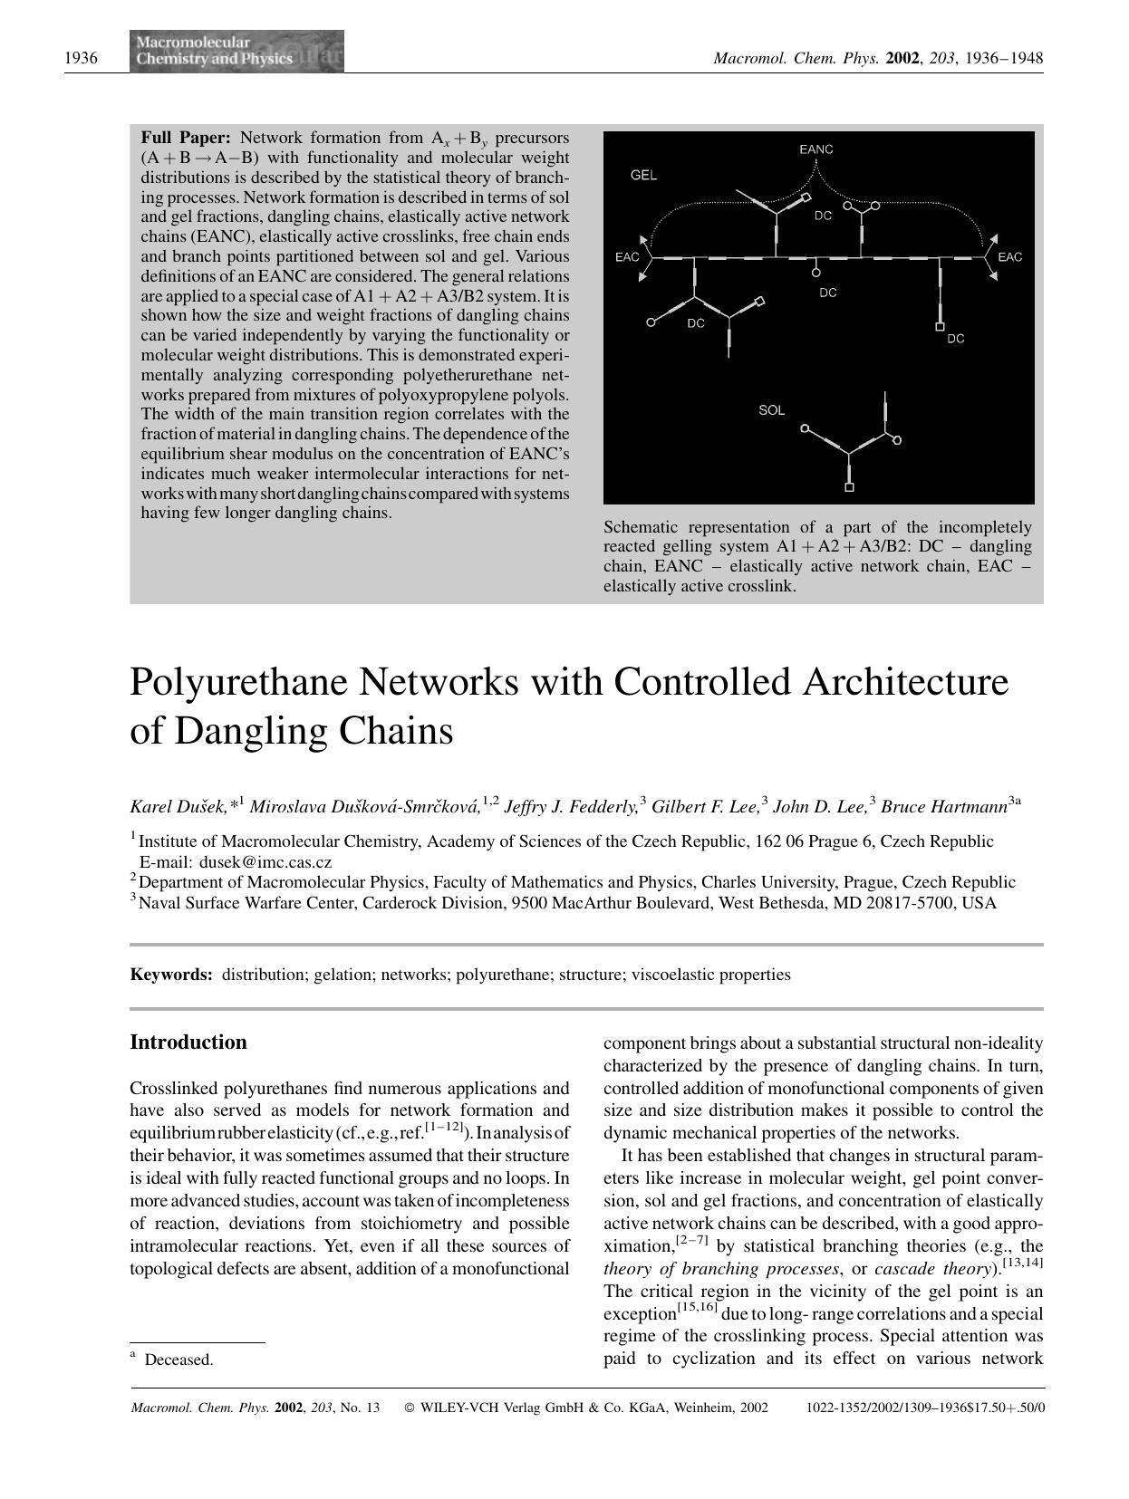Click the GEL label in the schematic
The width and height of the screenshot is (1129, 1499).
click(643, 175)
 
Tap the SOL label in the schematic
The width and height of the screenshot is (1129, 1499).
click(771, 410)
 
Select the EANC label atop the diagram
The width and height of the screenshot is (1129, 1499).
click(815, 149)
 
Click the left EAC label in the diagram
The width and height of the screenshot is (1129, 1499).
click(626, 257)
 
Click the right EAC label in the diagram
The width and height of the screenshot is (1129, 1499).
click(1009, 257)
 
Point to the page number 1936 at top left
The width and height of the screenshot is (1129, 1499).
click(82, 59)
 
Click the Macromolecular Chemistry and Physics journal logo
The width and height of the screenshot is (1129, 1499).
click(236, 51)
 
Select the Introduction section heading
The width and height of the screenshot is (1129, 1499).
click(188, 1042)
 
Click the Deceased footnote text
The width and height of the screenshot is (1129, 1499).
click(179, 1360)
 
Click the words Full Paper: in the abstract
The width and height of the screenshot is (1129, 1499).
click(186, 138)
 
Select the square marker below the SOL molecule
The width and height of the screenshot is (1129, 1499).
click(849, 488)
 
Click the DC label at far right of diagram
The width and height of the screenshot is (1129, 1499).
click(955, 339)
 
